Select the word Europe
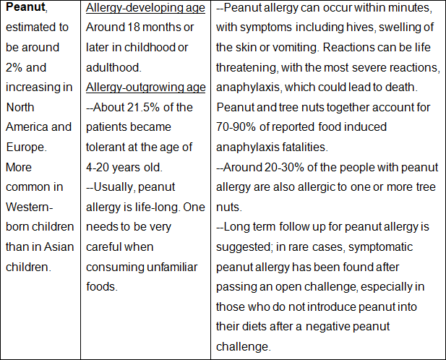point(26,147)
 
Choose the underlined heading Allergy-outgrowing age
point(145,87)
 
